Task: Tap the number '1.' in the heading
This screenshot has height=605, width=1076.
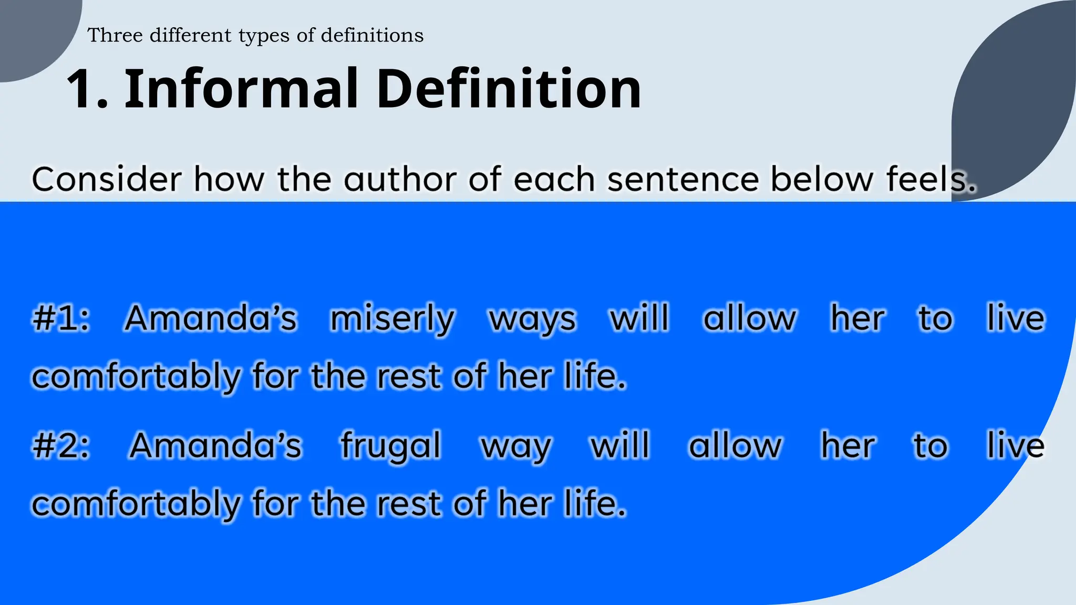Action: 87,89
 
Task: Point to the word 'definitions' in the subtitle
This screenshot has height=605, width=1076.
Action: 372,35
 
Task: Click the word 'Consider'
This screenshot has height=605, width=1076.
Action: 107,179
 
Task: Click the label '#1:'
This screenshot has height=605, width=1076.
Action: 61,318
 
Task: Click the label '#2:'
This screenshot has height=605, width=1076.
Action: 61,446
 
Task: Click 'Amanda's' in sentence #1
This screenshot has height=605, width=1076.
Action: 211,318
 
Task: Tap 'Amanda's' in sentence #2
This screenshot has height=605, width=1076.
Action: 215,446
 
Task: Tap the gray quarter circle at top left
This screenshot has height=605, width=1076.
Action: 32,32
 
